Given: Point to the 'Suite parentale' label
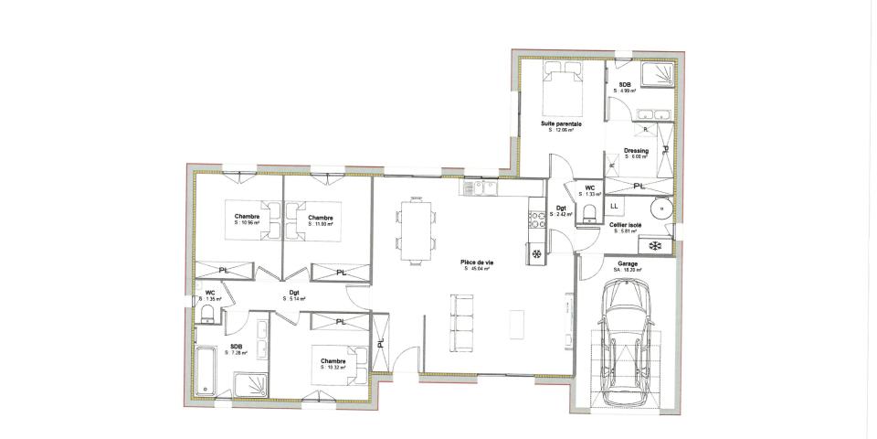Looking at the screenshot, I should (562, 123).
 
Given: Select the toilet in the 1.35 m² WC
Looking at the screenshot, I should (206, 315).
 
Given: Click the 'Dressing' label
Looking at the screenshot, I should (636, 151).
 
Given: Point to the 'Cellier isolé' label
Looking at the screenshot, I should (626, 224).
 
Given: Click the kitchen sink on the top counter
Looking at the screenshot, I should (480, 188).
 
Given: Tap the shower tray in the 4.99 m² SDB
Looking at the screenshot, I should (655, 75).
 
